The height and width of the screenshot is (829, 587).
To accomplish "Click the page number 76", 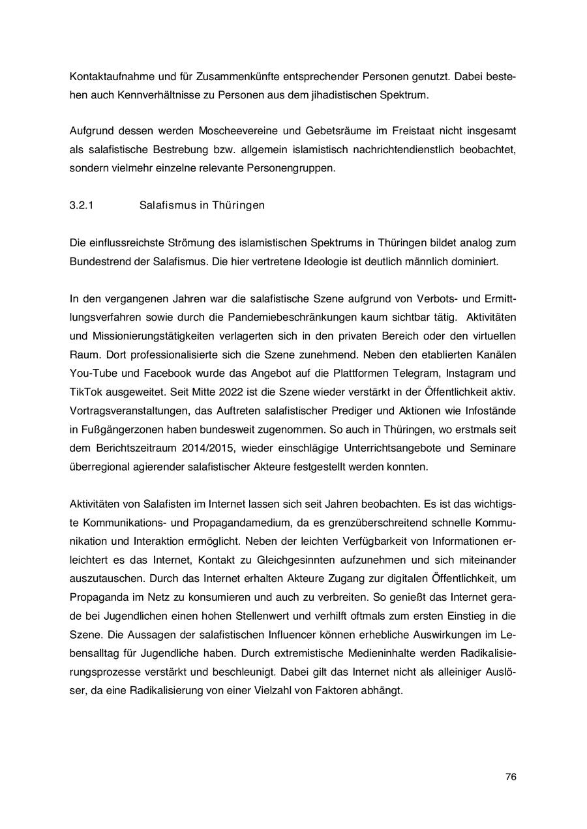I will tap(511, 777).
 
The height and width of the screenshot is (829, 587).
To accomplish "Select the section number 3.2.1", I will tap(82, 205).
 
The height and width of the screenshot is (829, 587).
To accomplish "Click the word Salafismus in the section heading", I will tap(165, 205).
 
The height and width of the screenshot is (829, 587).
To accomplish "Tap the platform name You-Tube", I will tap(91, 373).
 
